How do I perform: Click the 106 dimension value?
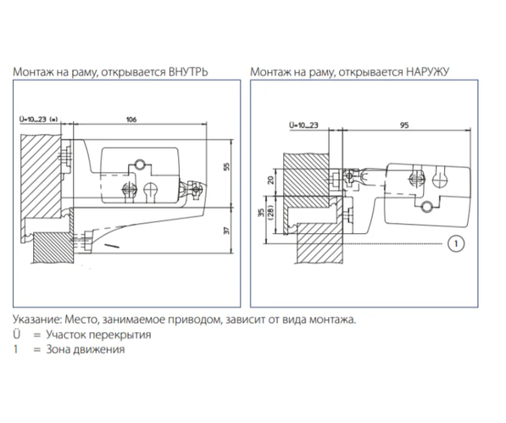(x=131, y=120)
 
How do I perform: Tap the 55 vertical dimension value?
(x=227, y=166)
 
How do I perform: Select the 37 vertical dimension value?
(x=227, y=231)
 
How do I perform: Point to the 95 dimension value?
(x=404, y=125)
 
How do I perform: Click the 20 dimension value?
(x=271, y=180)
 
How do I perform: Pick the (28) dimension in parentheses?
(x=270, y=212)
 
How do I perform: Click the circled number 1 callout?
(x=456, y=243)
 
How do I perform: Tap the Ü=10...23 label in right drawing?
(x=303, y=125)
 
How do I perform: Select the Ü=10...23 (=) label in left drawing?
(x=38, y=120)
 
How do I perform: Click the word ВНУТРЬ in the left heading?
(x=189, y=71)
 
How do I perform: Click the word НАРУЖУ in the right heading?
(x=427, y=71)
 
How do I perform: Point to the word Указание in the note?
(x=36, y=320)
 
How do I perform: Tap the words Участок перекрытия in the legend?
(x=98, y=335)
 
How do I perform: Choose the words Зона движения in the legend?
(x=86, y=349)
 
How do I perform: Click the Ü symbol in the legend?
(x=16, y=334)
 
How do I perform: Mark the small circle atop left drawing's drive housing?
(x=140, y=164)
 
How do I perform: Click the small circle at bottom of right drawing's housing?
(x=428, y=205)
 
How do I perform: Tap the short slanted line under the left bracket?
(x=111, y=246)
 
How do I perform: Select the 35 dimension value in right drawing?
(x=262, y=212)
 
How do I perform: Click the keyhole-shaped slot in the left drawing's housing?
(x=150, y=191)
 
